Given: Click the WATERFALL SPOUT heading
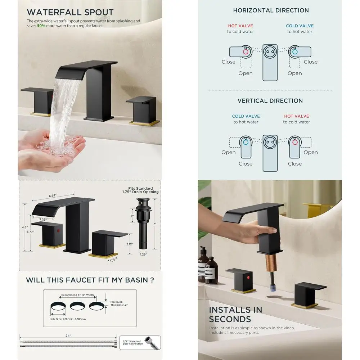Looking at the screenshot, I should pyautogui.click(x=70, y=12).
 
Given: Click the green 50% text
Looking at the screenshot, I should pyautogui.click(x=41, y=26).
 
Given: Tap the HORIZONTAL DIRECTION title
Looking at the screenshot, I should pyautogui.click(x=271, y=10).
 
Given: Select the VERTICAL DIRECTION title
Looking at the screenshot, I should pyautogui.click(x=270, y=101).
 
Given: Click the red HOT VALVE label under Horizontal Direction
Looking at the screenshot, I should pyautogui.click(x=240, y=26).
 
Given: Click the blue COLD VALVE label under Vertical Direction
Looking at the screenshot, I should pyautogui.click(x=246, y=116).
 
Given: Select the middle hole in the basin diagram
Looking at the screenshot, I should pyautogui.click(x=77, y=306).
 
